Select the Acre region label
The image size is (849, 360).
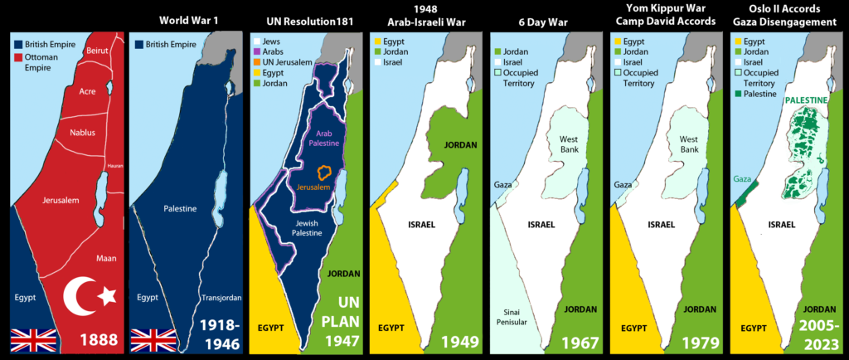[88, 92]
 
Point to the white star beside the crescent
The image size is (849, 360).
[106, 295]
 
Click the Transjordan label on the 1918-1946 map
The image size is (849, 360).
[220, 297]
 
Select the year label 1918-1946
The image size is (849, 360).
[218, 333]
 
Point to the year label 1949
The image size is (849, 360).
[459, 340]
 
